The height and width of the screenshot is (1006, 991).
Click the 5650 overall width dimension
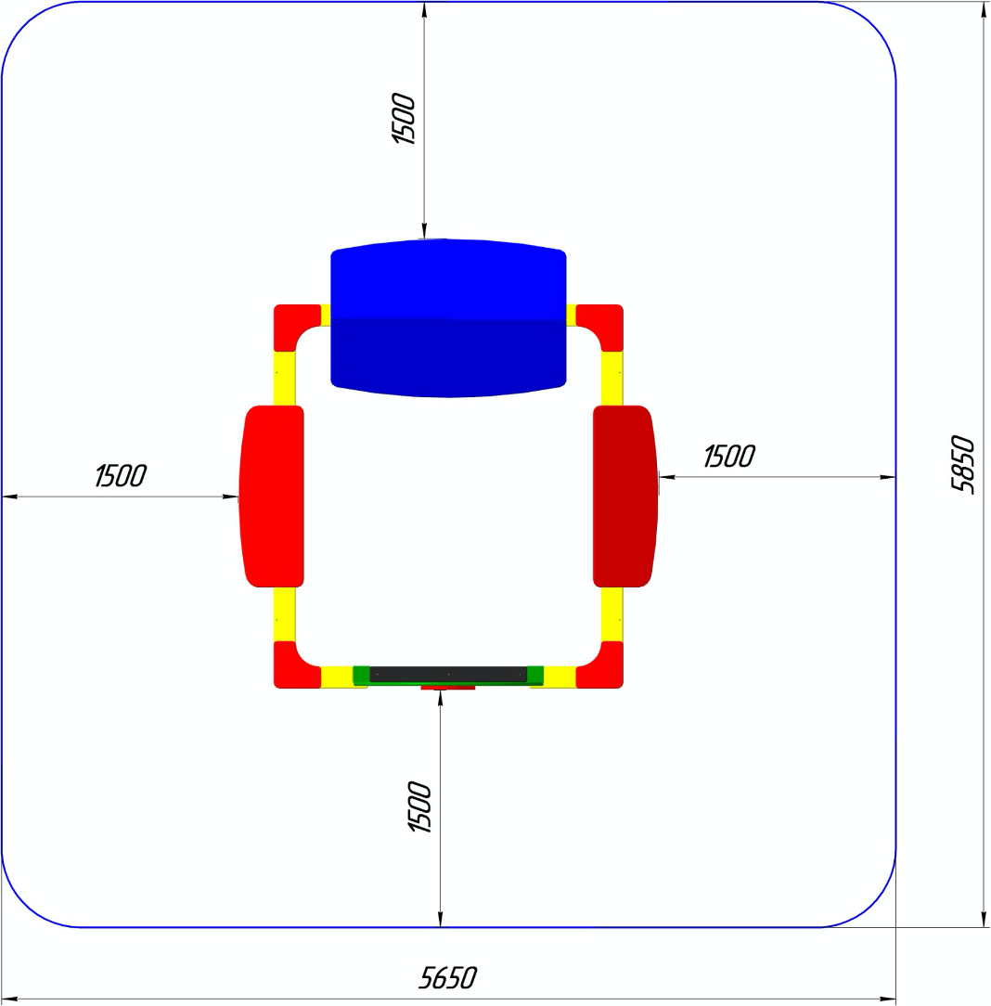click(x=448, y=978)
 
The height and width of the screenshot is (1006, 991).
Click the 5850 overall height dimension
click(x=963, y=465)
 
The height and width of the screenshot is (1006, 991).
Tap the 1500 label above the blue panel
click(x=404, y=119)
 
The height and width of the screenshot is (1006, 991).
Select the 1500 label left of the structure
click(x=121, y=476)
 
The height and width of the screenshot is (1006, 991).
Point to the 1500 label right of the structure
click(x=729, y=457)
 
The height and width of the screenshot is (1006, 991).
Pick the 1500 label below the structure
click(x=420, y=806)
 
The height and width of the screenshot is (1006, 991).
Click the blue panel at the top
click(x=448, y=318)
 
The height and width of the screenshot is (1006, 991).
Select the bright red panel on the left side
click(x=271, y=496)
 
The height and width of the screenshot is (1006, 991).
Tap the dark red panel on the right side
click(x=625, y=496)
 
